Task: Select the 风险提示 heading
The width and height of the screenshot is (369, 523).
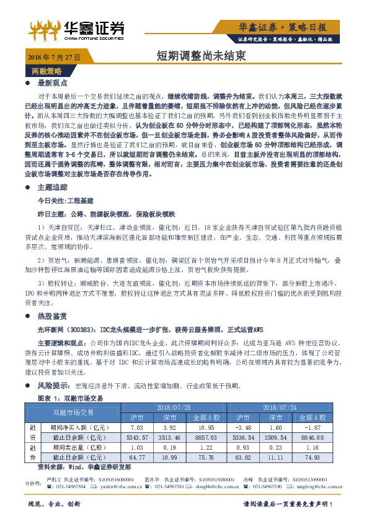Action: [x=51, y=385]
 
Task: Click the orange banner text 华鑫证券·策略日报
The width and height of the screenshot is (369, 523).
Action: [x=291, y=27]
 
